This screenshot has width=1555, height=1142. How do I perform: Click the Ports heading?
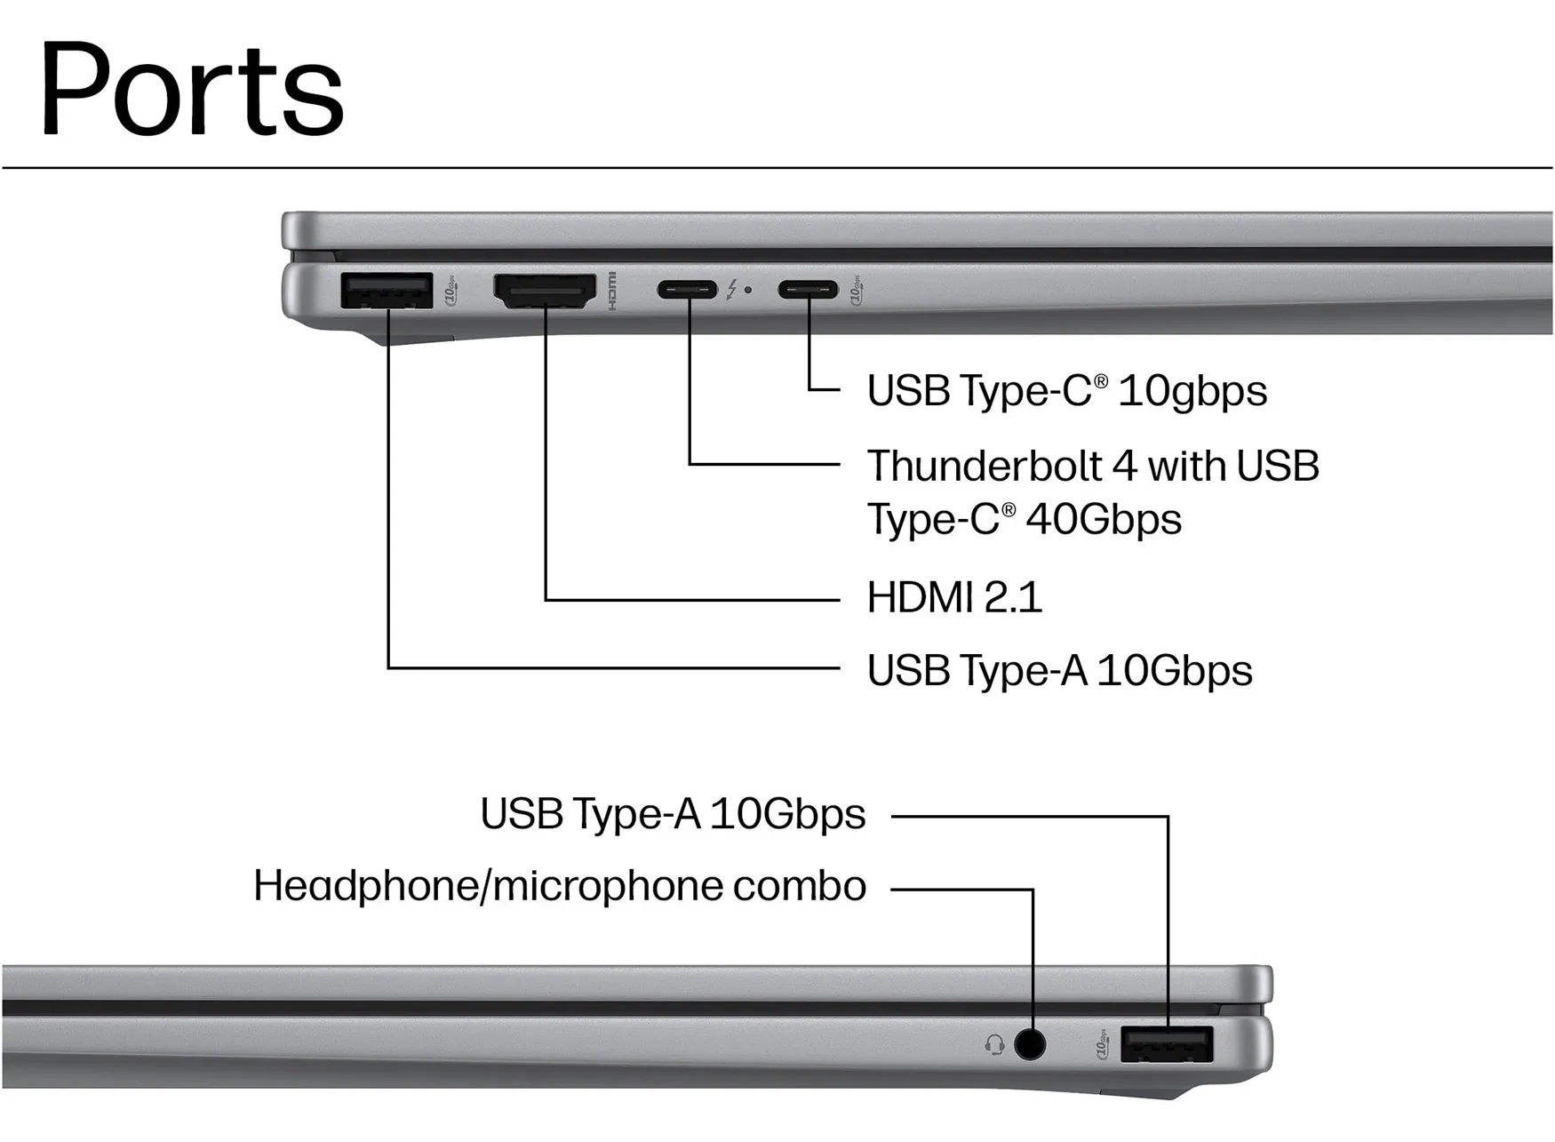click(191, 89)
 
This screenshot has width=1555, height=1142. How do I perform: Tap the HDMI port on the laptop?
click(545, 291)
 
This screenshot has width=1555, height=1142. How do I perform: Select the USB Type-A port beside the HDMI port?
click(387, 291)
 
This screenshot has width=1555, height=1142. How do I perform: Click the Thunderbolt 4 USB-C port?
click(687, 290)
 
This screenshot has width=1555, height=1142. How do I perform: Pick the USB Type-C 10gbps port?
click(808, 290)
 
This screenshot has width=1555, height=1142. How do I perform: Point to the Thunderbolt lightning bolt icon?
click(731, 290)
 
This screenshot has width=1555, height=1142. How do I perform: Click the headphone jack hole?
click(1030, 1043)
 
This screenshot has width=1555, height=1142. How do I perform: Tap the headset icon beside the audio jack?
click(995, 1044)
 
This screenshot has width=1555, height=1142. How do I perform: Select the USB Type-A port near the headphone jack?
click(1167, 1044)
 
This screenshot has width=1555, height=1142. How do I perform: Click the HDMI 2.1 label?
click(954, 597)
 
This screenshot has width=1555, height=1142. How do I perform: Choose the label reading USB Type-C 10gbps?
click(1067, 391)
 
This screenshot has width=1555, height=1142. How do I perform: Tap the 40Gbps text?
click(1104, 519)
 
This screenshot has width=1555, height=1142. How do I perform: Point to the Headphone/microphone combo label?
click(560, 886)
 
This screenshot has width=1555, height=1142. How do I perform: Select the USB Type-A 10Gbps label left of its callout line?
click(673, 814)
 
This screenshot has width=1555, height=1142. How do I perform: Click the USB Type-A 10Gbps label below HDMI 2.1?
click(1059, 671)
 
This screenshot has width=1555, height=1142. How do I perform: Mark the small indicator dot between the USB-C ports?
click(748, 290)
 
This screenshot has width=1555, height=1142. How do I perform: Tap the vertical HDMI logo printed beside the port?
click(611, 291)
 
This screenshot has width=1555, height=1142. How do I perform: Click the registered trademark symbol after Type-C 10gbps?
click(1101, 381)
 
